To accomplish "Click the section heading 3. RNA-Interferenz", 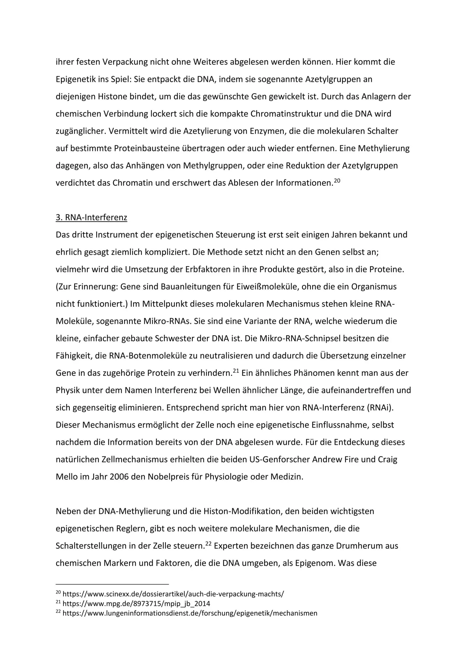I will tap(91, 217).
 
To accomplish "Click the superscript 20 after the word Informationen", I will tap(337, 180).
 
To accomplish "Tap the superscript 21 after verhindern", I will tap(236, 371).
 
